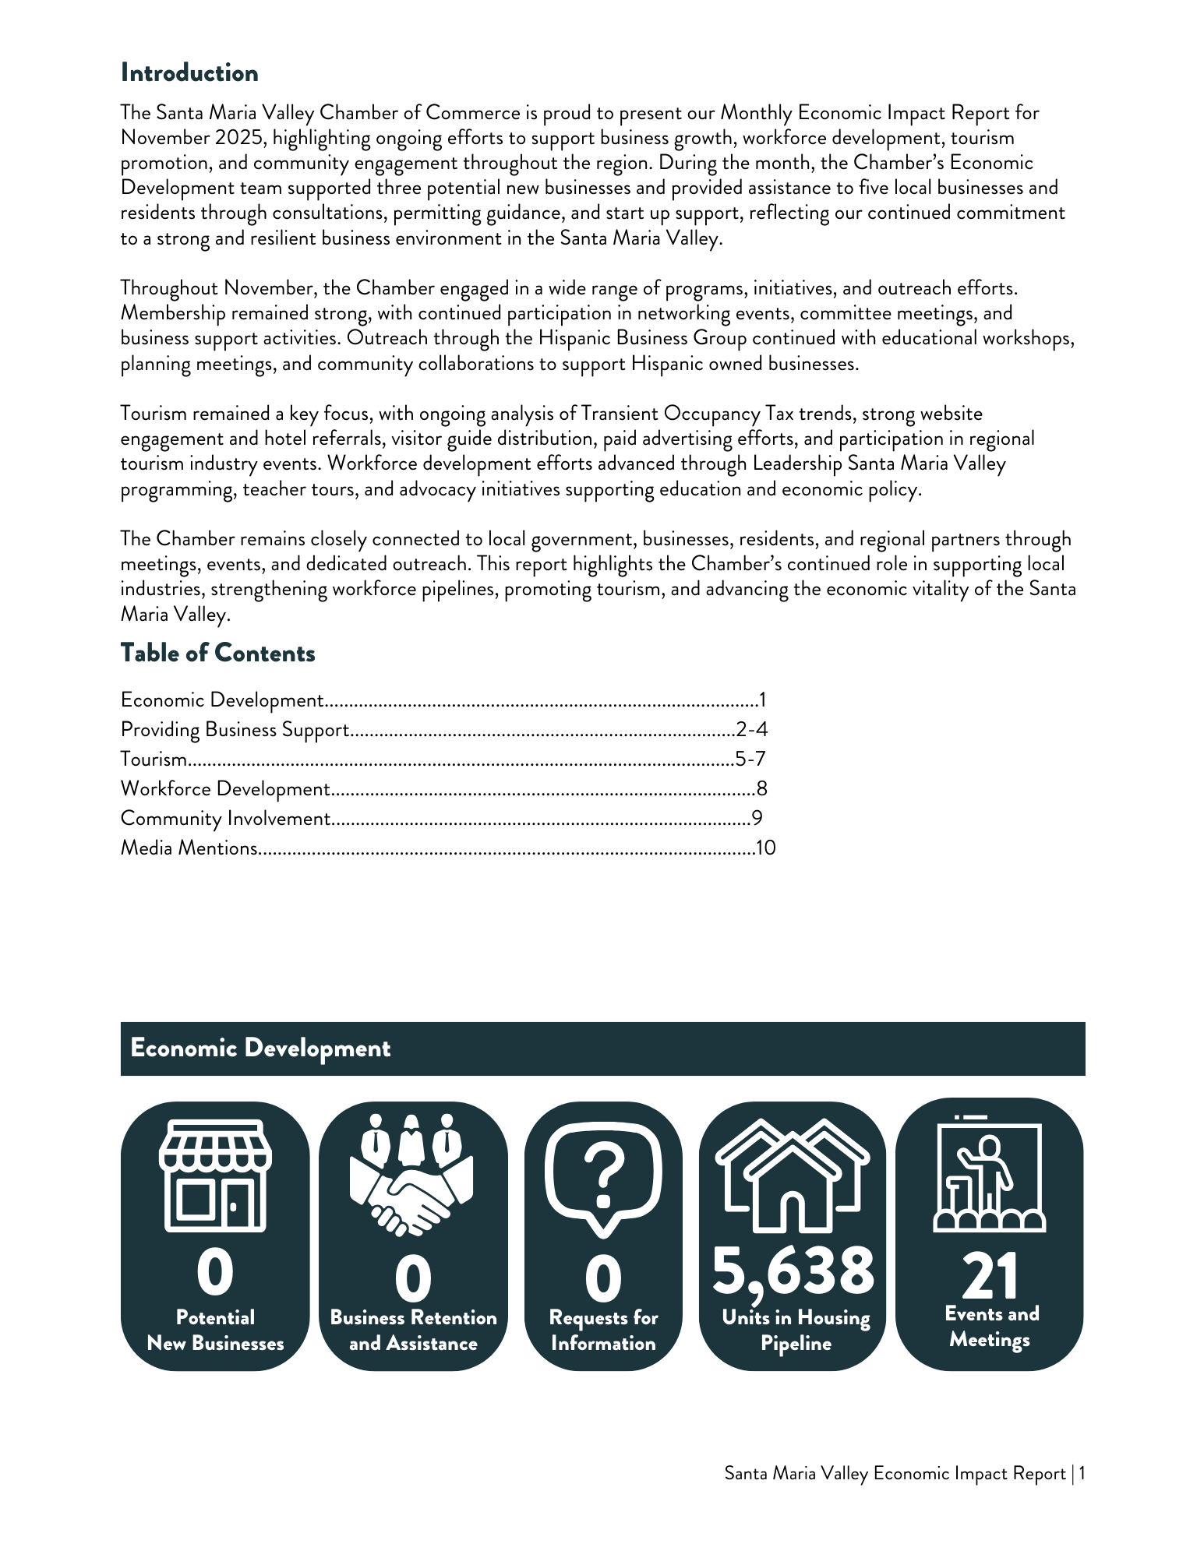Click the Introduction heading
coord(189,73)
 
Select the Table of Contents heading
coord(217,653)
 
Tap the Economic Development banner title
coord(260,1048)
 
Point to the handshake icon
coord(412,1176)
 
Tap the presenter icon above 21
coord(989,1173)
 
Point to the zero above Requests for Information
coord(603,1279)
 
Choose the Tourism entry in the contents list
coord(154,760)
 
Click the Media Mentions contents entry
coord(189,848)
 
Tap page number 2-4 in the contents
coord(752,730)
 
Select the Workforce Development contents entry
coord(225,789)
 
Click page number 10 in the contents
coord(766,848)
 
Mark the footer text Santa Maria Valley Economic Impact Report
coord(895,1474)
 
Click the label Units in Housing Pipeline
coord(796,1331)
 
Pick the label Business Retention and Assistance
coord(413,1331)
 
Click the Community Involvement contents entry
coord(225,819)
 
